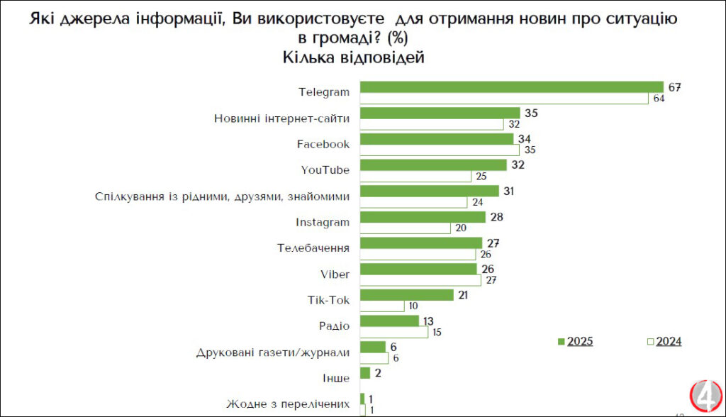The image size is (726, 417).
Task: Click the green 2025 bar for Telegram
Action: (510, 87)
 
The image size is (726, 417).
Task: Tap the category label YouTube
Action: (325, 170)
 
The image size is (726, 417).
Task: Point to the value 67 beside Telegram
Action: (675, 87)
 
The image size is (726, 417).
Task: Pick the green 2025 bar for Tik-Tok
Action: (406, 294)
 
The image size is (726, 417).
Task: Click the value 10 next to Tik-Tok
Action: (413, 306)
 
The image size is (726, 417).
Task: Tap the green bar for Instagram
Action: (423, 216)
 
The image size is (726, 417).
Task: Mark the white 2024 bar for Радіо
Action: (393, 333)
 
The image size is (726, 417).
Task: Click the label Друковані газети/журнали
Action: (273, 352)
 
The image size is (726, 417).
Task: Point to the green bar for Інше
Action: (365, 372)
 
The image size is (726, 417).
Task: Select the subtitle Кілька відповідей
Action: (353, 58)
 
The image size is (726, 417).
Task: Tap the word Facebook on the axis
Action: (323, 145)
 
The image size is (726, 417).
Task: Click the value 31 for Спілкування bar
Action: (508, 191)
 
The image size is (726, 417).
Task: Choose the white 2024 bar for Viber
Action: (420, 280)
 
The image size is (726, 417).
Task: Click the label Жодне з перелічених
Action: (288, 404)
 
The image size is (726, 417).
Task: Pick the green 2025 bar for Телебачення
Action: (421, 243)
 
